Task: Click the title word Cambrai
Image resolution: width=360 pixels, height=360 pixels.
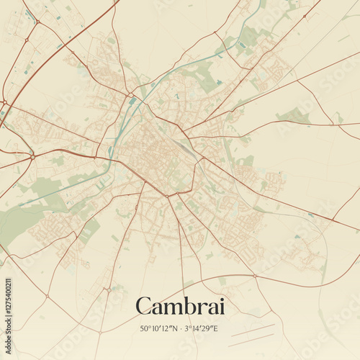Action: pyautogui.click(x=179, y=306)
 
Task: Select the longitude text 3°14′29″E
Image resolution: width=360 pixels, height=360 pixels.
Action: pyautogui.click(x=202, y=328)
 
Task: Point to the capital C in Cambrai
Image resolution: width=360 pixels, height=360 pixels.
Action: pyautogui.click(x=144, y=306)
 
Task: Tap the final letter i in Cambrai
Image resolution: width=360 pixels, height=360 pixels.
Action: pyautogui.click(x=220, y=306)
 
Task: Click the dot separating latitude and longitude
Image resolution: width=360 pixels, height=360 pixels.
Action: pyautogui.click(x=181, y=328)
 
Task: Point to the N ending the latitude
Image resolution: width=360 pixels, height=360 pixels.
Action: pyautogui.click(x=175, y=328)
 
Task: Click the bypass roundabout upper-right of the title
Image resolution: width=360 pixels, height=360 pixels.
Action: pyautogui.click(x=254, y=275)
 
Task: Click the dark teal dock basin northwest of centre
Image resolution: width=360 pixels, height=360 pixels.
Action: pyautogui.click(x=132, y=102)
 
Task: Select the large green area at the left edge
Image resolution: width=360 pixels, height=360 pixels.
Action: pyautogui.click(x=18, y=220)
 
